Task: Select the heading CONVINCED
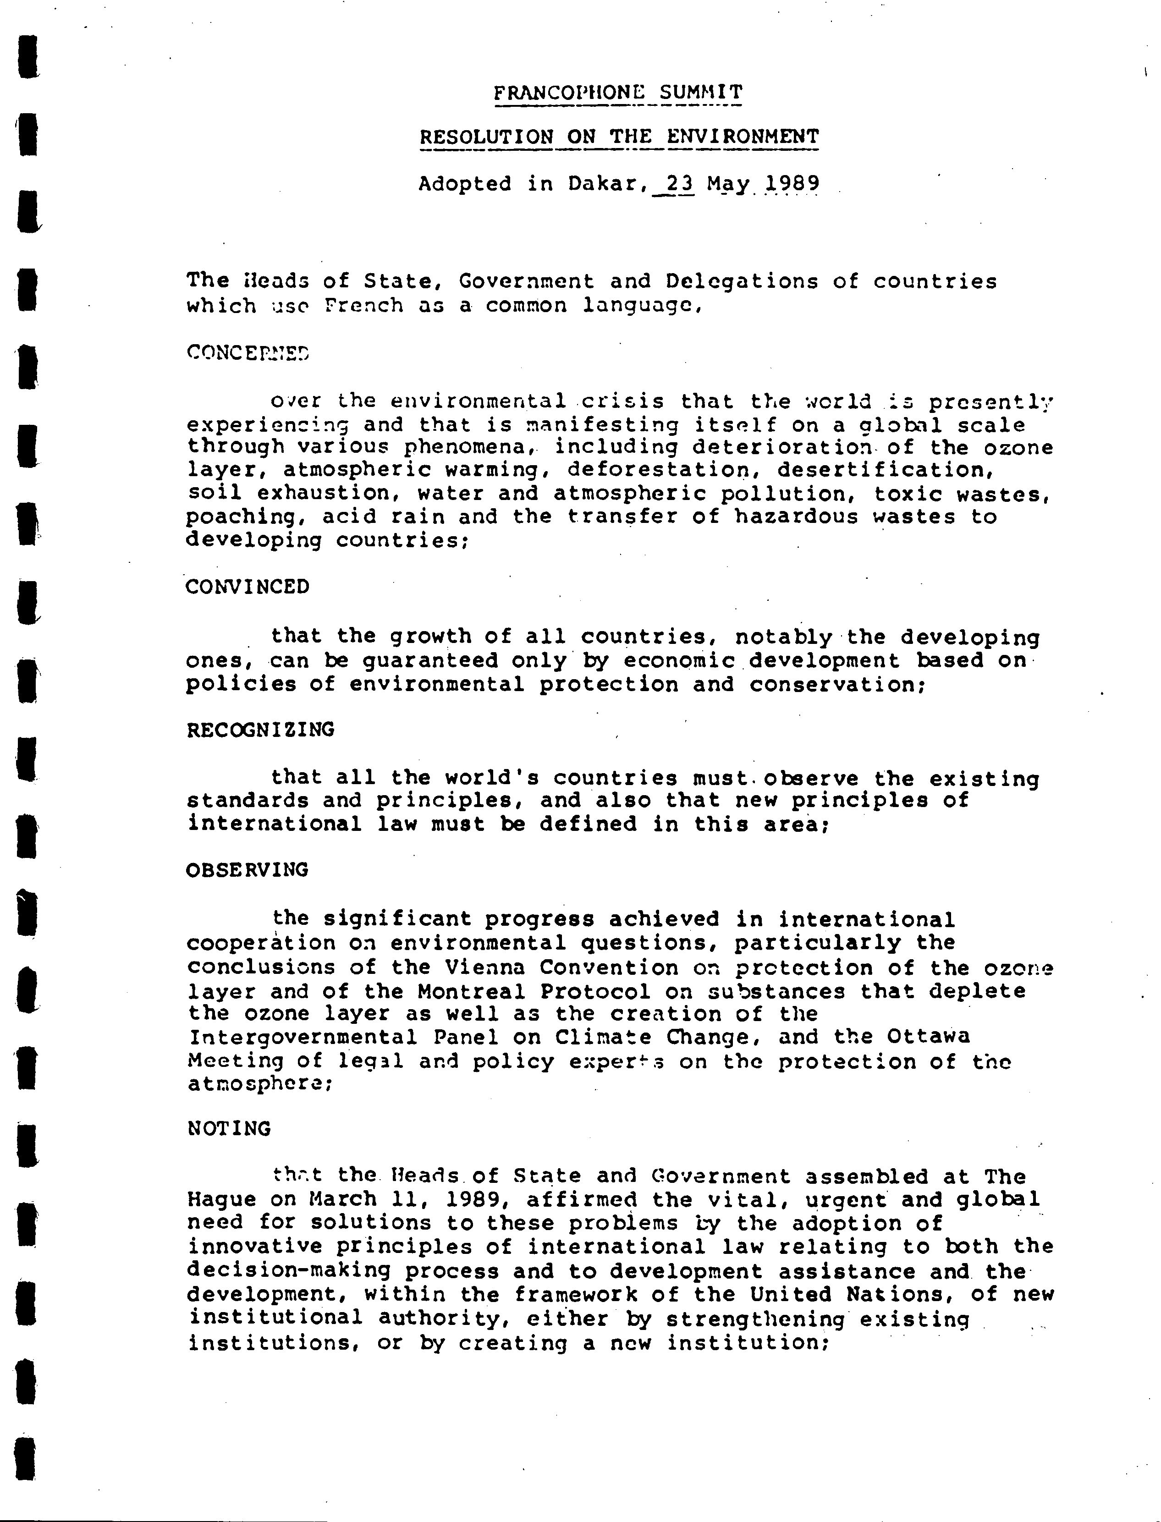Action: point(248,587)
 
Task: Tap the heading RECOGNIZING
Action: point(260,730)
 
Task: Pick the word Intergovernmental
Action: point(303,1038)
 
